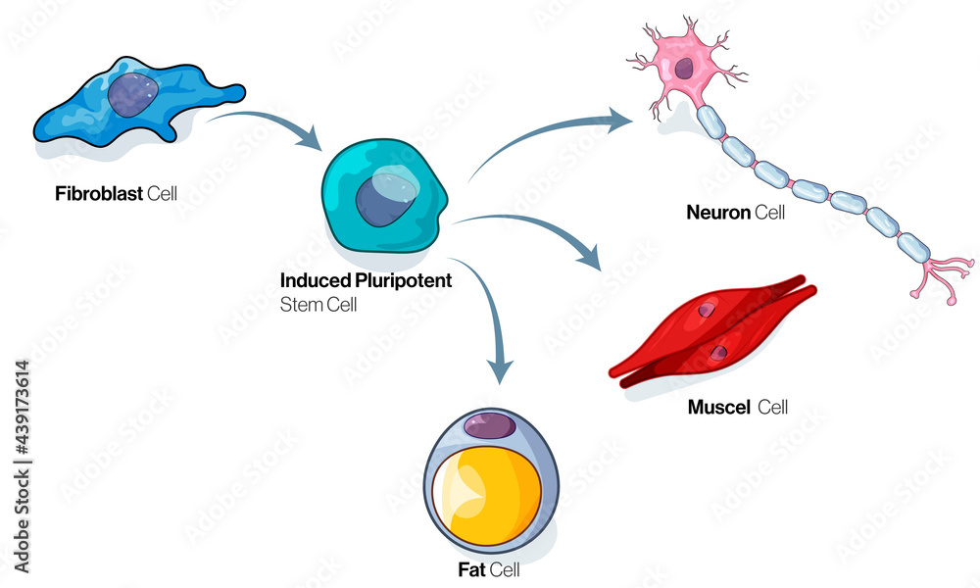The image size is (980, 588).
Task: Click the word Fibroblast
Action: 99,193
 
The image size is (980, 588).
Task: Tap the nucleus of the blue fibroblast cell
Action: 130,95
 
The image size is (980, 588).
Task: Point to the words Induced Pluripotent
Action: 366,281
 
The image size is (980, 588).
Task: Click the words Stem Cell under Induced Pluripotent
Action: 318,304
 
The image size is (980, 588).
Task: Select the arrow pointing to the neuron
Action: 549,137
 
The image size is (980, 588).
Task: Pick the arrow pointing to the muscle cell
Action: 539,230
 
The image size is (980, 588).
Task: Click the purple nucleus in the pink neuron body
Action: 684,69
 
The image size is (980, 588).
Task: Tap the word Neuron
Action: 718,212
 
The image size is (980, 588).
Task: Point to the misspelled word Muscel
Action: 718,406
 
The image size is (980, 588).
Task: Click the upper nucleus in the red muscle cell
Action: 707,310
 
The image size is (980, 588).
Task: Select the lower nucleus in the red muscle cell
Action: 719,351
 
